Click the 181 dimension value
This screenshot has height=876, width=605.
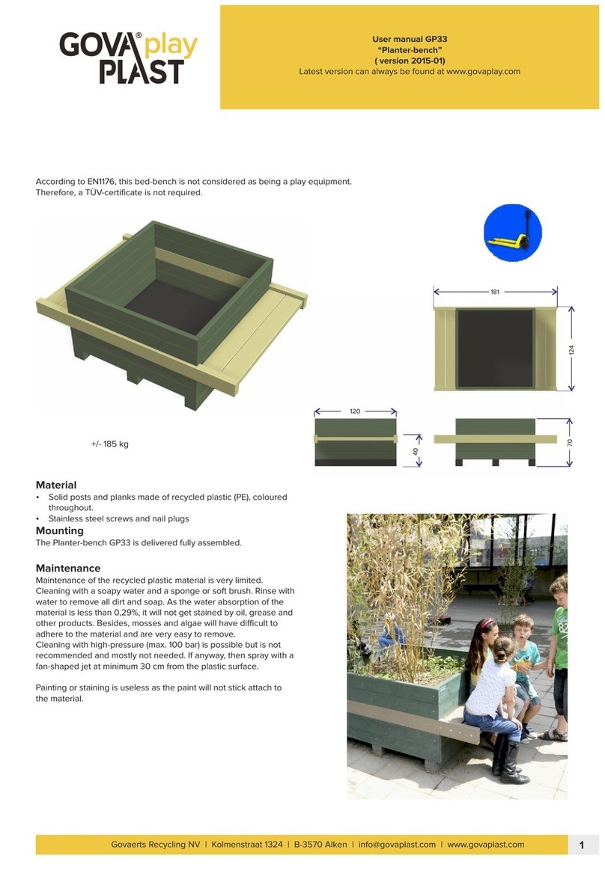point(495,292)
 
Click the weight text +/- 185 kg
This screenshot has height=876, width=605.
point(110,444)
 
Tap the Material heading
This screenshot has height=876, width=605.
point(56,485)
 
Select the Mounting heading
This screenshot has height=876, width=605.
point(60,530)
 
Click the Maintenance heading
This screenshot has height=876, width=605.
point(68,568)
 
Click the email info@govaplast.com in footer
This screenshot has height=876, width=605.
point(397,845)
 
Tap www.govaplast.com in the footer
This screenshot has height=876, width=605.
point(487,845)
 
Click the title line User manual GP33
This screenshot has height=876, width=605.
point(410,38)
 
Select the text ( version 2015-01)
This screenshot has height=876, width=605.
point(410,61)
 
